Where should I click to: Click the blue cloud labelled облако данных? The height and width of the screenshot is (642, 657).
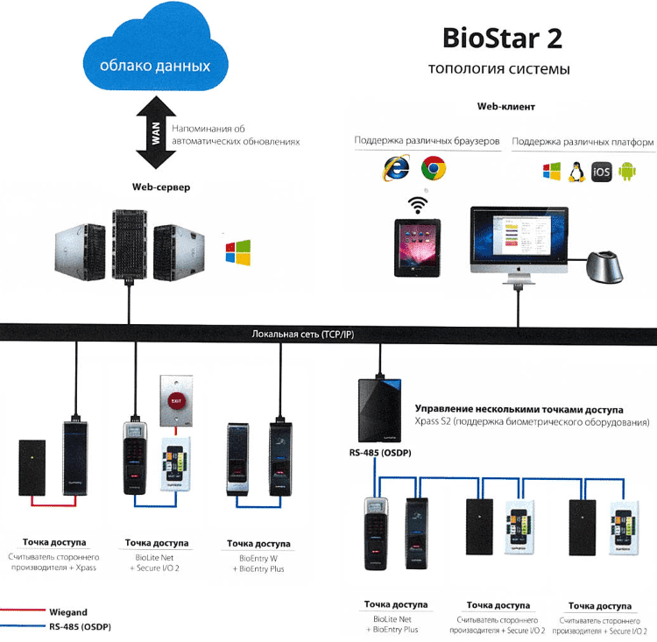[x=154, y=61]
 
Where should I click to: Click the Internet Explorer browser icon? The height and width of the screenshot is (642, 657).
[x=396, y=167]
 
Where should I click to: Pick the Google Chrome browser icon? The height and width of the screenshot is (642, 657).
[x=434, y=167]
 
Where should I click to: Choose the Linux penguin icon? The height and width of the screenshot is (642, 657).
[x=576, y=171]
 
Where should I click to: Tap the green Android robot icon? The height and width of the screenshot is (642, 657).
[x=626, y=171]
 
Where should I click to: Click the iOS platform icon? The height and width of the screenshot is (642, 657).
[x=601, y=171]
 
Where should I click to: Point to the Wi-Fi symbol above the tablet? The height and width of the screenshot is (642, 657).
[x=420, y=205]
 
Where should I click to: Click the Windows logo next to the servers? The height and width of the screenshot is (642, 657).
[x=237, y=252]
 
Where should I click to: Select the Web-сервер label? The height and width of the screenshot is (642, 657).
[x=161, y=187]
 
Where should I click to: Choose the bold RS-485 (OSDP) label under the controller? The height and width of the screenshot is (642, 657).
[x=378, y=453]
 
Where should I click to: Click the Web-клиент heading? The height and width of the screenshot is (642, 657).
[x=505, y=107]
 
